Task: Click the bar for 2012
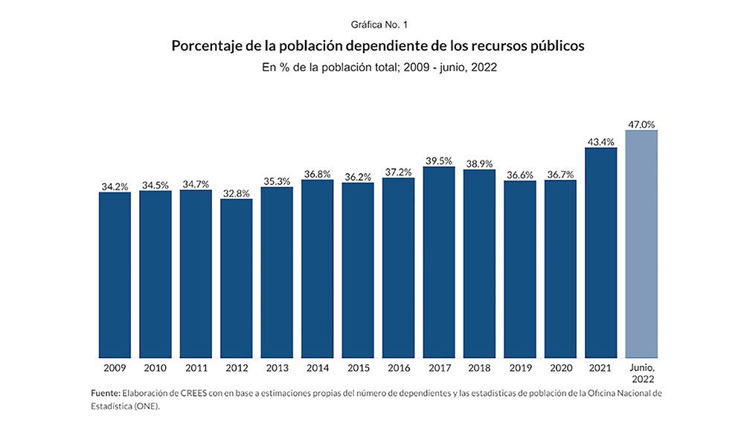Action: coord(237,278)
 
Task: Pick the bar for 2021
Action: coord(601,253)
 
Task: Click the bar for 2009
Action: coord(115,275)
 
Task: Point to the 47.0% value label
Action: coord(641,125)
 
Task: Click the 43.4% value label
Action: coord(601,142)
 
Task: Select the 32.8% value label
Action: coord(237,193)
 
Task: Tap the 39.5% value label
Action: coord(439,161)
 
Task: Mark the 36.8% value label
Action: coord(318,174)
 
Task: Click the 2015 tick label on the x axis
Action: coord(358,368)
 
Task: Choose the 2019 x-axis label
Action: coord(520,368)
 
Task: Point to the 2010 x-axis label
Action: coord(155,368)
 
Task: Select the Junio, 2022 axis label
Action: coord(641,373)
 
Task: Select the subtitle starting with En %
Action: coord(379,67)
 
